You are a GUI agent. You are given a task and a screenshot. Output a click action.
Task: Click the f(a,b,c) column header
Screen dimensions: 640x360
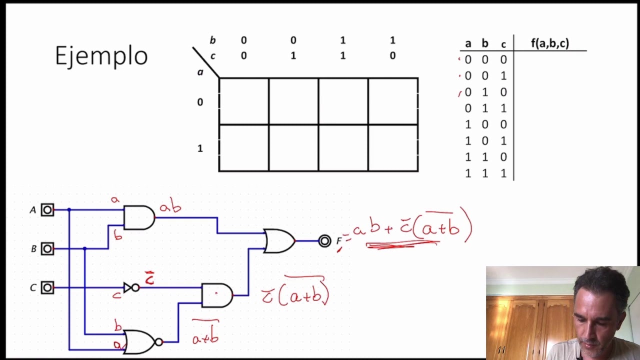(550, 43)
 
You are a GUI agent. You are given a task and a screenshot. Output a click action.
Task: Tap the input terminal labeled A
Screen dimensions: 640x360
(47, 210)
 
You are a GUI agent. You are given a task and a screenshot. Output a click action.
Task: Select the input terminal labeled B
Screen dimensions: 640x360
(47, 248)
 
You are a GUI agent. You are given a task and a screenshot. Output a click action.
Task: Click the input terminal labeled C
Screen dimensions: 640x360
(47, 287)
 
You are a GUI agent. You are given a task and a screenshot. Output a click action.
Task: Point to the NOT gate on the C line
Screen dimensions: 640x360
(131, 287)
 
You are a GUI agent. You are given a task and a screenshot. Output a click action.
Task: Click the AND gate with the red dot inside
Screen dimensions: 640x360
(217, 295)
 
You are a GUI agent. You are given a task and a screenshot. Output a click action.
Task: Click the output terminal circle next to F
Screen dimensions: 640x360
(325, 241)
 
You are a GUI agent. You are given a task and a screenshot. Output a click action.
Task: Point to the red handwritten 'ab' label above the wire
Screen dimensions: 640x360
(170, 205)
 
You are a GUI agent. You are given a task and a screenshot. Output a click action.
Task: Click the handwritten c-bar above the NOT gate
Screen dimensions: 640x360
(149, 278)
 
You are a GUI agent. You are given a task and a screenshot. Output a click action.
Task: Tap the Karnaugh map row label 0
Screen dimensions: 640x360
(200, 102)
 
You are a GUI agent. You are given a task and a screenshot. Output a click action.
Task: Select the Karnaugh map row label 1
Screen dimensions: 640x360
(200, 148)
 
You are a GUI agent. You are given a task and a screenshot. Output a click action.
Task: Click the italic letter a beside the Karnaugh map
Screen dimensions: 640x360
(200, 72)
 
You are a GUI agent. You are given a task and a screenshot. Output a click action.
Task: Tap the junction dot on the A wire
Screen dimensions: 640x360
(69, 210)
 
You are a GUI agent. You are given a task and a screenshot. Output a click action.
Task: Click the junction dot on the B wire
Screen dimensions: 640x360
(84, 248)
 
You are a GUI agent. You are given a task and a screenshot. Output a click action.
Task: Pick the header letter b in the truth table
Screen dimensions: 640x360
(485, 43)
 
